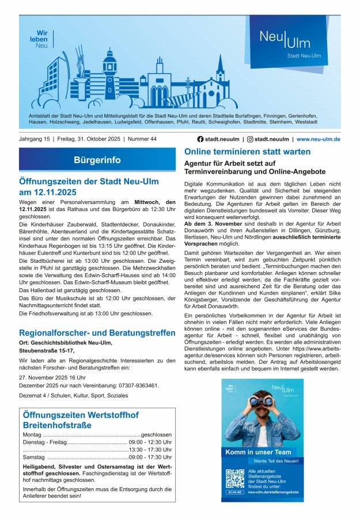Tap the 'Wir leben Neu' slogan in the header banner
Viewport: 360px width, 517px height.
41,39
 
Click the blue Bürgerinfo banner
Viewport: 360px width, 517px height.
97,160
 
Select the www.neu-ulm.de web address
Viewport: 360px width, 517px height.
319,139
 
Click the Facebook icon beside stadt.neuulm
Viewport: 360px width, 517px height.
200,139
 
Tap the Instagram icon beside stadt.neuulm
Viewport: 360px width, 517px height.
250,139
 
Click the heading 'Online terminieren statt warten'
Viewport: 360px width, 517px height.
247,152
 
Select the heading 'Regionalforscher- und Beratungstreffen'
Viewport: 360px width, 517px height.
97,333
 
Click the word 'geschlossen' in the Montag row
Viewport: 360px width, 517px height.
156,435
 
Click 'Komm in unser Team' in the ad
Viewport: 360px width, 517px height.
257,452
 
